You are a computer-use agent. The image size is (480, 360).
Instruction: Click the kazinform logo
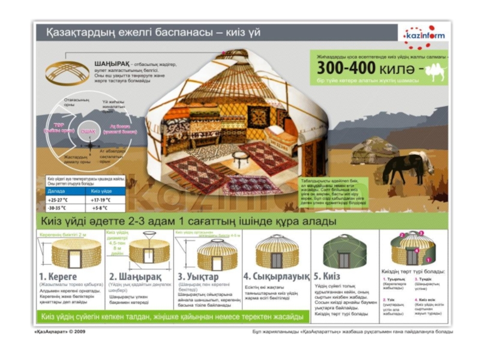click(x=424, y=35)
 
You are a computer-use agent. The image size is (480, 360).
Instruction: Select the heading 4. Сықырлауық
click(x=276, y=277)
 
